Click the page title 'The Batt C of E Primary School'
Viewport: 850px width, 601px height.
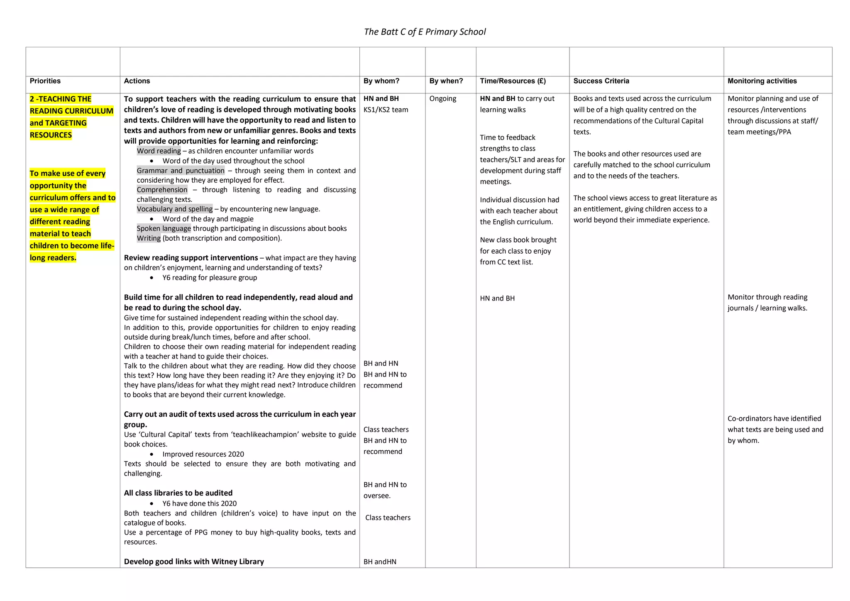tap(425, 32)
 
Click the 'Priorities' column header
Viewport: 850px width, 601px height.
tap(45, 81)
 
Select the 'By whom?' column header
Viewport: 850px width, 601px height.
tap(381, 81)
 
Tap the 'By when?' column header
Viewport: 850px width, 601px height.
tap(446, 81)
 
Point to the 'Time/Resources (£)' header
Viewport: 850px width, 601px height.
tap(513, 81)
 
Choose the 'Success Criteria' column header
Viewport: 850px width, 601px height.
tap(601, 81)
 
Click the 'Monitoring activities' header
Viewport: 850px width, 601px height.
tap(762, 81)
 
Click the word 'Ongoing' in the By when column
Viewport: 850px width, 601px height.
tap(442, 99)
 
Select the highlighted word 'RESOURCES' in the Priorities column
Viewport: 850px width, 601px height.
tap(51, 135)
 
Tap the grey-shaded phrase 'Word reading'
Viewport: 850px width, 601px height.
tap(159, 151)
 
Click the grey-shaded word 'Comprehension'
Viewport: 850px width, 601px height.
tap(162, 190)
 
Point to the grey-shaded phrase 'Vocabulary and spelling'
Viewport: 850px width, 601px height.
tap(174, 209)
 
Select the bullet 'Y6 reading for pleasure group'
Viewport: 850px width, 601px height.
tap(209, 278)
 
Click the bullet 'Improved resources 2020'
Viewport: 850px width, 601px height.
tap(203, 454)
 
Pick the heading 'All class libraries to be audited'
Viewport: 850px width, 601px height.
tap(178, 493)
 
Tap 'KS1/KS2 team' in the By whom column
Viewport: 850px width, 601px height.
tap(386, 110)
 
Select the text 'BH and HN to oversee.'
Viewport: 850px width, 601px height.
tap(385, 490)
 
